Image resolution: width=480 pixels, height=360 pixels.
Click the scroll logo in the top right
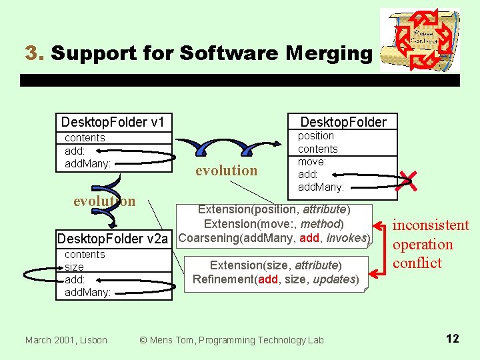(x=420, y=39)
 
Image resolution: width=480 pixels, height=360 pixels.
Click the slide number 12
(x=452, y=339)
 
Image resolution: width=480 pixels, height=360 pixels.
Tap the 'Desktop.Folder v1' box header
(x=113, y=122)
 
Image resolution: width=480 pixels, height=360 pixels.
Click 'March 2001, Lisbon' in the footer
(x=66, y=340)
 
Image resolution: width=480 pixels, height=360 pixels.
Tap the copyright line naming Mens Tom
(x=231, y=340)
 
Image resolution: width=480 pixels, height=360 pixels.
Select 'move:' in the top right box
(x=311, y=161)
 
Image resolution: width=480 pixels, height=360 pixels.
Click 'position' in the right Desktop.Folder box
(x=316, y=136)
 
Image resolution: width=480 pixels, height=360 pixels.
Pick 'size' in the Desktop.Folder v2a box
(x=74, y=267)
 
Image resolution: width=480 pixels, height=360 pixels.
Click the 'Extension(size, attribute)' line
(x=276, y=265)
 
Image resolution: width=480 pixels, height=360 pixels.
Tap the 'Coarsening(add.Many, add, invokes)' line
(x=275, y=238)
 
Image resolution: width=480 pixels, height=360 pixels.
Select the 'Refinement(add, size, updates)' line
(x=276, y=279)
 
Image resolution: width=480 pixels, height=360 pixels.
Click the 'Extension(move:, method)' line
(x=274, y=223)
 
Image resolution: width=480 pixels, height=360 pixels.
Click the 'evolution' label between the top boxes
(x=226, y=171)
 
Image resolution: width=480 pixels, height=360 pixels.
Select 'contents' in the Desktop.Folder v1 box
(x=85, y=138)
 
